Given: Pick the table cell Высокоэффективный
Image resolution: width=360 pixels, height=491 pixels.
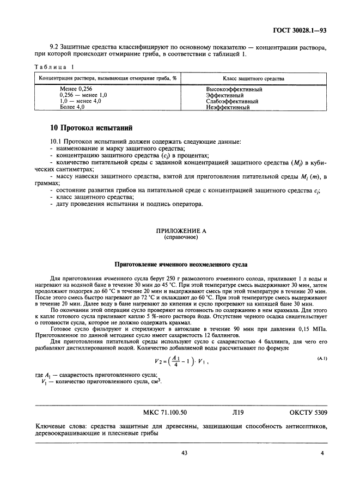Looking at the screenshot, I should coord(234,89).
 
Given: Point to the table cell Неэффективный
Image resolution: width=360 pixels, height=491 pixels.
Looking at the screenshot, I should coord(228,107).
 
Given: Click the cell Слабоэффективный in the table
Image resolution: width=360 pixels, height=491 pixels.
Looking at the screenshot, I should coord(232,101).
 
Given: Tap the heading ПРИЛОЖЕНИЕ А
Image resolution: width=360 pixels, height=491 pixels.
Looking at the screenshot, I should coord(181,230).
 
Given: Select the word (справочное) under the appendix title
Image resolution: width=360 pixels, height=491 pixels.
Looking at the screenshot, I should coord(181,237).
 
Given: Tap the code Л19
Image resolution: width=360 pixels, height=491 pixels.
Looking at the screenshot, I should coord(238,413).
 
